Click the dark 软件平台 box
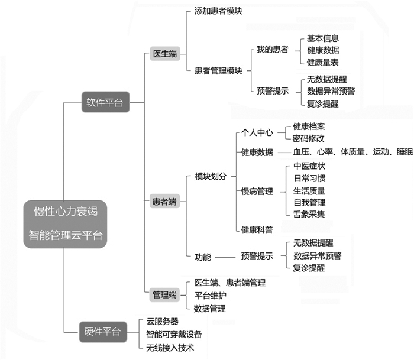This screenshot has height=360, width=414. click(105, 102)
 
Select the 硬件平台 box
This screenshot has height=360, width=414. click(103, 332)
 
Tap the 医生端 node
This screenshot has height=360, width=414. click(165, 54)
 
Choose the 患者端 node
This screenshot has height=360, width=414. click(164, 202)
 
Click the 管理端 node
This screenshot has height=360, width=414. click(164, 295)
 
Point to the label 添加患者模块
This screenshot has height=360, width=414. click(218, 11)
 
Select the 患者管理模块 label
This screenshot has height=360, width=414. click(218, 71)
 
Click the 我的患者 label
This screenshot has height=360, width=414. click(273, 49)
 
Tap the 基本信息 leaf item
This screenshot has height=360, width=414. click(323, 38)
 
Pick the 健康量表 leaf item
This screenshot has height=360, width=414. click(323, 63)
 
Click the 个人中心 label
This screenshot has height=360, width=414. click(257, 132)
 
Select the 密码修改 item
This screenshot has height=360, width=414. click(308, 138)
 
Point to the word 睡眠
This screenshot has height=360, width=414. click(405, 152)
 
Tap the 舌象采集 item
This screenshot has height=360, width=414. click(309, 214)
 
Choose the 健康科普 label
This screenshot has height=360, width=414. click(257, 230)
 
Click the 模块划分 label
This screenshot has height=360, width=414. click(211, 176)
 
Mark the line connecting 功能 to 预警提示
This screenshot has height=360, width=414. click(225, 257)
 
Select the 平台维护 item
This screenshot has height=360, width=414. click(211, 296)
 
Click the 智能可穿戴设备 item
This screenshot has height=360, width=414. click(174, 335)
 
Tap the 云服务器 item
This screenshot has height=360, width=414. click(163, 322)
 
